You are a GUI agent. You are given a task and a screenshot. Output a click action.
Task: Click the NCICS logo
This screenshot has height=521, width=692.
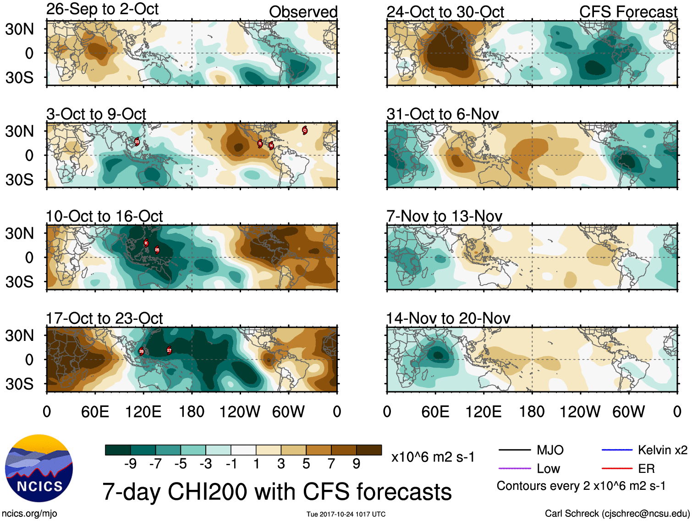39,468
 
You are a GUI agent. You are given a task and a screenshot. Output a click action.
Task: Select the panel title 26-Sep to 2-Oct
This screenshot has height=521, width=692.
102,9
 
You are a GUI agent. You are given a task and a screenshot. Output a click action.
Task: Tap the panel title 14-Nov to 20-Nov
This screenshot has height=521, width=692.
448,318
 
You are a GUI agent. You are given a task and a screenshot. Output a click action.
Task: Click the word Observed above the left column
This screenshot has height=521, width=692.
303,12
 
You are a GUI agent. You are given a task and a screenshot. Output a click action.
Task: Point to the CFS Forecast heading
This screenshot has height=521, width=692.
628,12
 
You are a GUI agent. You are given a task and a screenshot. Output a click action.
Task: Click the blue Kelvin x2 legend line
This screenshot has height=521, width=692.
617,450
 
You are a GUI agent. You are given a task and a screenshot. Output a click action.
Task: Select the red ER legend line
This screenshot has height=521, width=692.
617,468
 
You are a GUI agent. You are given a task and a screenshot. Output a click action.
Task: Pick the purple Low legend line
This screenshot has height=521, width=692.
514,468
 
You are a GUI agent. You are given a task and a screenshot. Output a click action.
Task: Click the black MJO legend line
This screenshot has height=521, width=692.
514,450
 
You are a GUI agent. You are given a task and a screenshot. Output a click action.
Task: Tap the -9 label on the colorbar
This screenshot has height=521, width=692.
130,464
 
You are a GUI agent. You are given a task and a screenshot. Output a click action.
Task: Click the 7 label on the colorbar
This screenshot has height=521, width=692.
331,464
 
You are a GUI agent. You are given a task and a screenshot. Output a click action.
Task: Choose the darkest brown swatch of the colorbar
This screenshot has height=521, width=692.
369,450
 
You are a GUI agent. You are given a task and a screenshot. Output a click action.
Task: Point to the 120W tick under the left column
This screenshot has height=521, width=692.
240,411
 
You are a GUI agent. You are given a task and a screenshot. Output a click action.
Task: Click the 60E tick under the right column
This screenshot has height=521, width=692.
435,411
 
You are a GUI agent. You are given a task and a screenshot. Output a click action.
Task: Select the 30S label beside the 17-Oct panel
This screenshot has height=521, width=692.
19,384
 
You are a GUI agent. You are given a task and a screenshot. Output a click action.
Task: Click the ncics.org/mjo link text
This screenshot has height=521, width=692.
29,514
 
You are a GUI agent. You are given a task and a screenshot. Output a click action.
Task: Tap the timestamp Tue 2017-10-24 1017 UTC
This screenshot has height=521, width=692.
346,514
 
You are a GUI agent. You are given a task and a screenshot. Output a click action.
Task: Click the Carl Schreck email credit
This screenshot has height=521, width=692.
617,514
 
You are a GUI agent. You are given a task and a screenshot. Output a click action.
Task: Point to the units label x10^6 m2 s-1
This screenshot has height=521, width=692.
433,457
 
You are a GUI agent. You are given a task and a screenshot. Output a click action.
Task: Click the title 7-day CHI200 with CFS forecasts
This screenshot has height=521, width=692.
277,492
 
